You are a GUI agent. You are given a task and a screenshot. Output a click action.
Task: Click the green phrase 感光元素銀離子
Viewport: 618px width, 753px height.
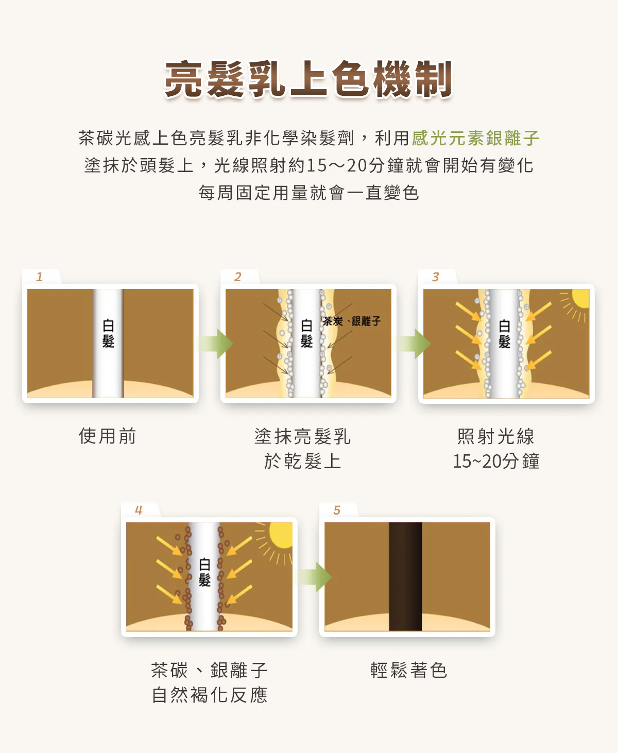475,138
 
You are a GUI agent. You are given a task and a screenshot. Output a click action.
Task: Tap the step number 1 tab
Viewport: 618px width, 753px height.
40,277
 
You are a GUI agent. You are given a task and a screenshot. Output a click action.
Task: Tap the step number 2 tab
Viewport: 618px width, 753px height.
238,277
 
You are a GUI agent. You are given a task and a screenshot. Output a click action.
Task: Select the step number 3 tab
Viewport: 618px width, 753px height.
436,277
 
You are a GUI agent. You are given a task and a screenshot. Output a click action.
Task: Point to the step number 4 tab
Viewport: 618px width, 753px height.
139,510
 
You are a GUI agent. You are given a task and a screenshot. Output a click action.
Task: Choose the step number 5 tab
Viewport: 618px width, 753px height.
337,510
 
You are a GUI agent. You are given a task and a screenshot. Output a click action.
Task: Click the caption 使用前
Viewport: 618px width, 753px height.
108,436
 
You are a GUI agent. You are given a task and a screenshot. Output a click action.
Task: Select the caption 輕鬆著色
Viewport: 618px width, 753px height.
408,670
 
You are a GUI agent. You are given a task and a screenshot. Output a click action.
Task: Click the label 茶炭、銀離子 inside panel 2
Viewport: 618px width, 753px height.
352,321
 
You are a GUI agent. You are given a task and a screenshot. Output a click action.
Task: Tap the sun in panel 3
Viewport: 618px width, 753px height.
579,299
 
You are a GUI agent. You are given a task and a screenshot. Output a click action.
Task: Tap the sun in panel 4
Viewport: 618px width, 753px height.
281,536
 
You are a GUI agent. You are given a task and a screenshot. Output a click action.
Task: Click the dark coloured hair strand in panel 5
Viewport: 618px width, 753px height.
405,576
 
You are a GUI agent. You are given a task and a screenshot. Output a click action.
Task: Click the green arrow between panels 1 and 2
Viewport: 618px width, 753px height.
215,344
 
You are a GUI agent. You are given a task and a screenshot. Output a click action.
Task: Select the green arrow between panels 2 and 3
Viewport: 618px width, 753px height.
413,344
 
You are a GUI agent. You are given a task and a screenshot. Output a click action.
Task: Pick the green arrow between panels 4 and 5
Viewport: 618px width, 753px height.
314,577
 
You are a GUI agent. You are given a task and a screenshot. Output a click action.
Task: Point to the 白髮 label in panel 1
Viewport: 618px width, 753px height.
108,333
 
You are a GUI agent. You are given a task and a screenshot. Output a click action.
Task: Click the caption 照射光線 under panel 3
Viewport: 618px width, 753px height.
496,437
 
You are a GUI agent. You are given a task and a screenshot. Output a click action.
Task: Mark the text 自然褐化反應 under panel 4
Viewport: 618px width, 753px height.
210,695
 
